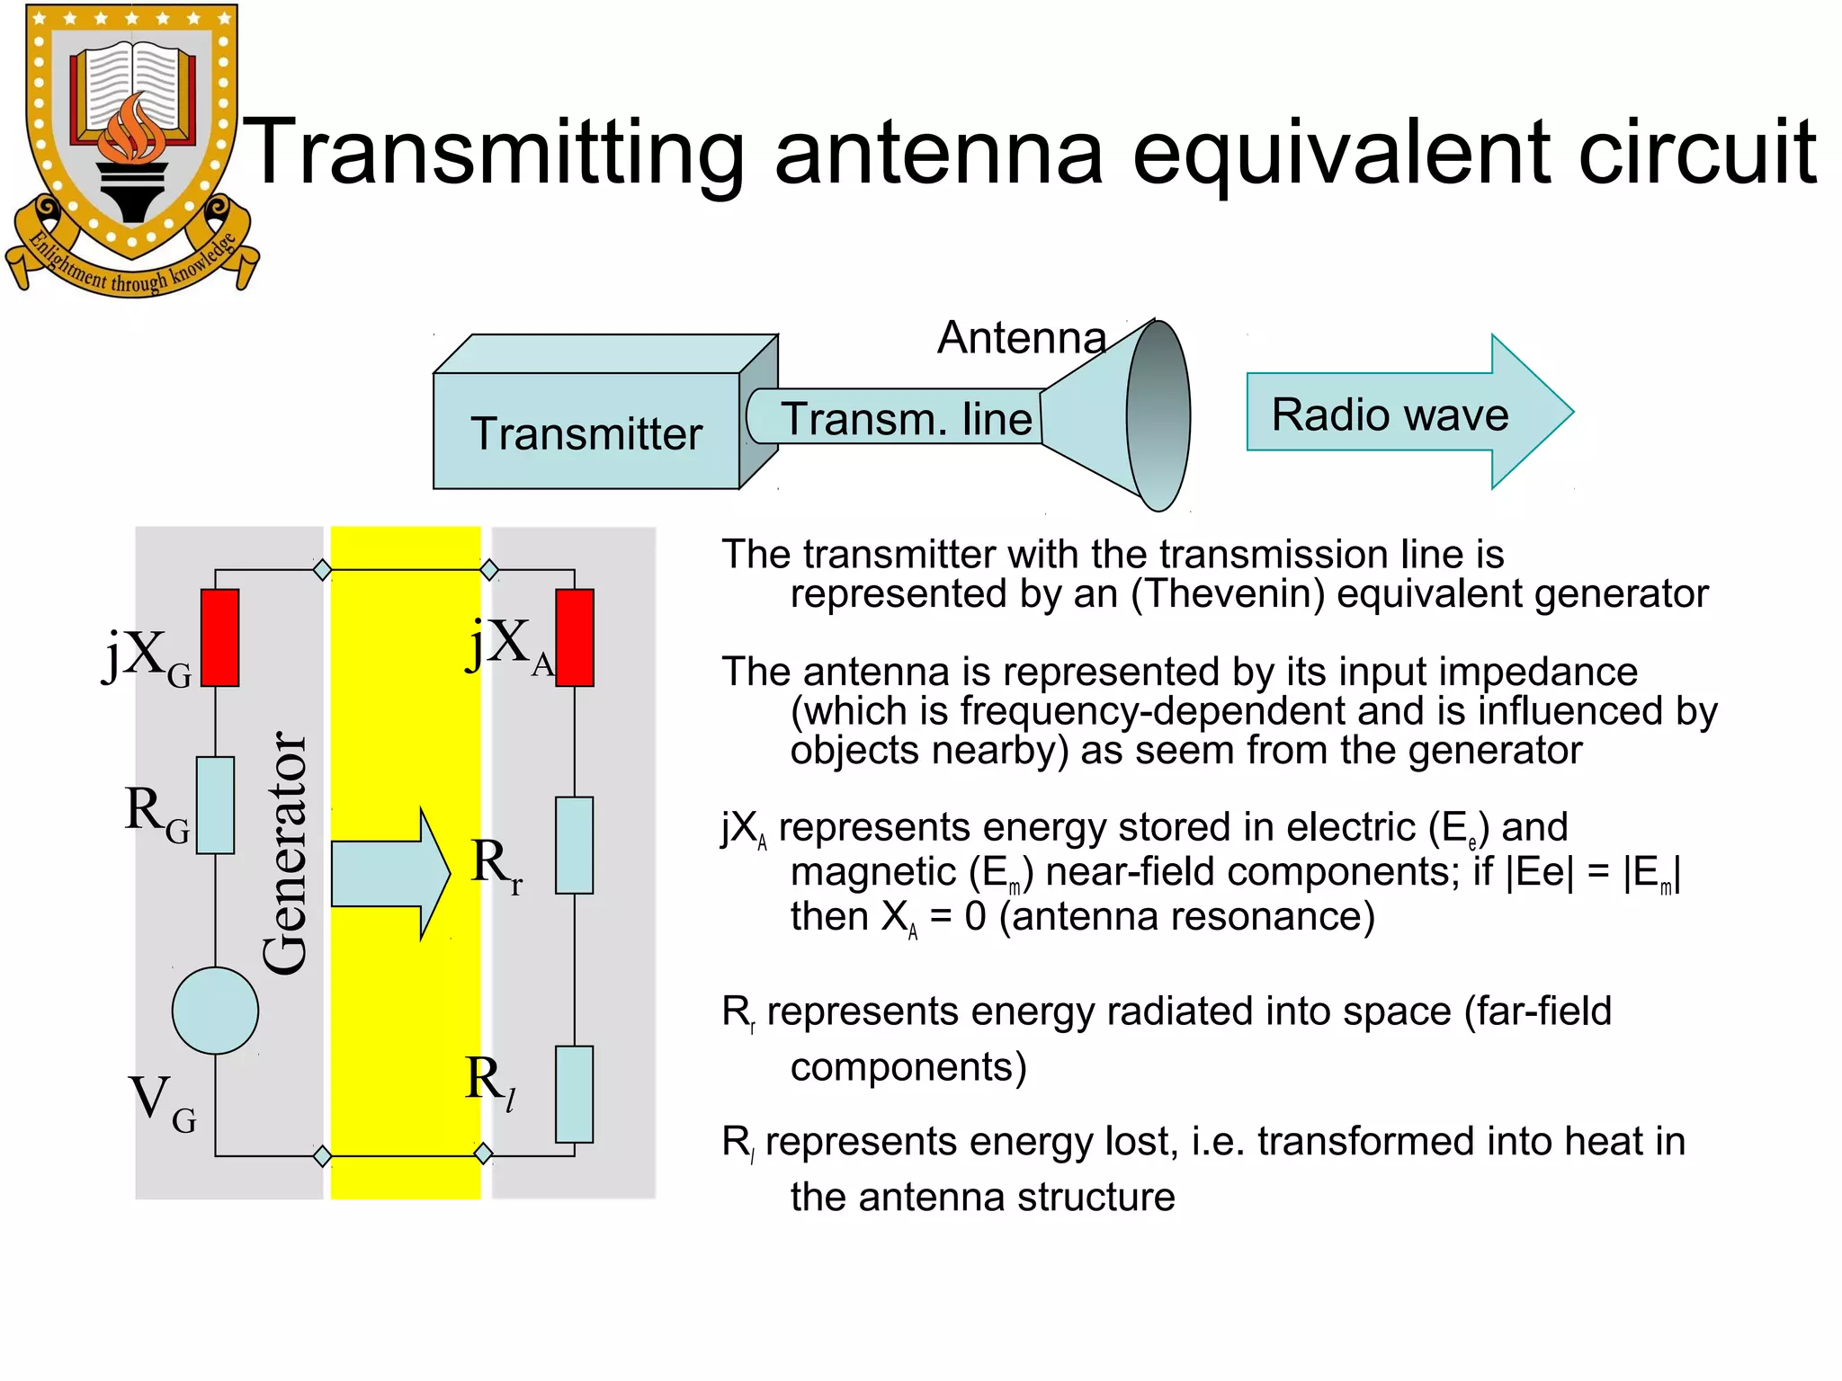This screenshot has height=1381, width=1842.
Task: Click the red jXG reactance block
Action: coord(219,637)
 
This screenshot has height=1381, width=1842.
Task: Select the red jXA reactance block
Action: coord(575,637)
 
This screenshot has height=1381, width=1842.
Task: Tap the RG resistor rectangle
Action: coord(215,805)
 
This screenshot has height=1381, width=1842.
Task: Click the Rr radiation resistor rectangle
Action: coord(574,845)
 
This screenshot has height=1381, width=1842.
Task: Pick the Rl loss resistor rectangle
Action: coord(574,1094)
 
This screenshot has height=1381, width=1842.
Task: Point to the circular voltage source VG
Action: coord(215,1011)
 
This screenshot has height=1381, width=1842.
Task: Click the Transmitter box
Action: coord(586,432)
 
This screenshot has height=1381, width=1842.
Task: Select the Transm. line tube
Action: coord(899,417)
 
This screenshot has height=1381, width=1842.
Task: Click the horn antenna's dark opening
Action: coord(1158,415)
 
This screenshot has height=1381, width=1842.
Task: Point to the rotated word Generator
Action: coord(285,852)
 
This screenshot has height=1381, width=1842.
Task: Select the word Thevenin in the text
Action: coord(1228,594)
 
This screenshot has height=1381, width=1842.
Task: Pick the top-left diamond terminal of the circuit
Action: coord(322,569)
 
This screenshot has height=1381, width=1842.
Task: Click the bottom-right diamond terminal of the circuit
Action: coord(483,1154)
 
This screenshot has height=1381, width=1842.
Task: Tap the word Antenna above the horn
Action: coord(1021,338)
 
